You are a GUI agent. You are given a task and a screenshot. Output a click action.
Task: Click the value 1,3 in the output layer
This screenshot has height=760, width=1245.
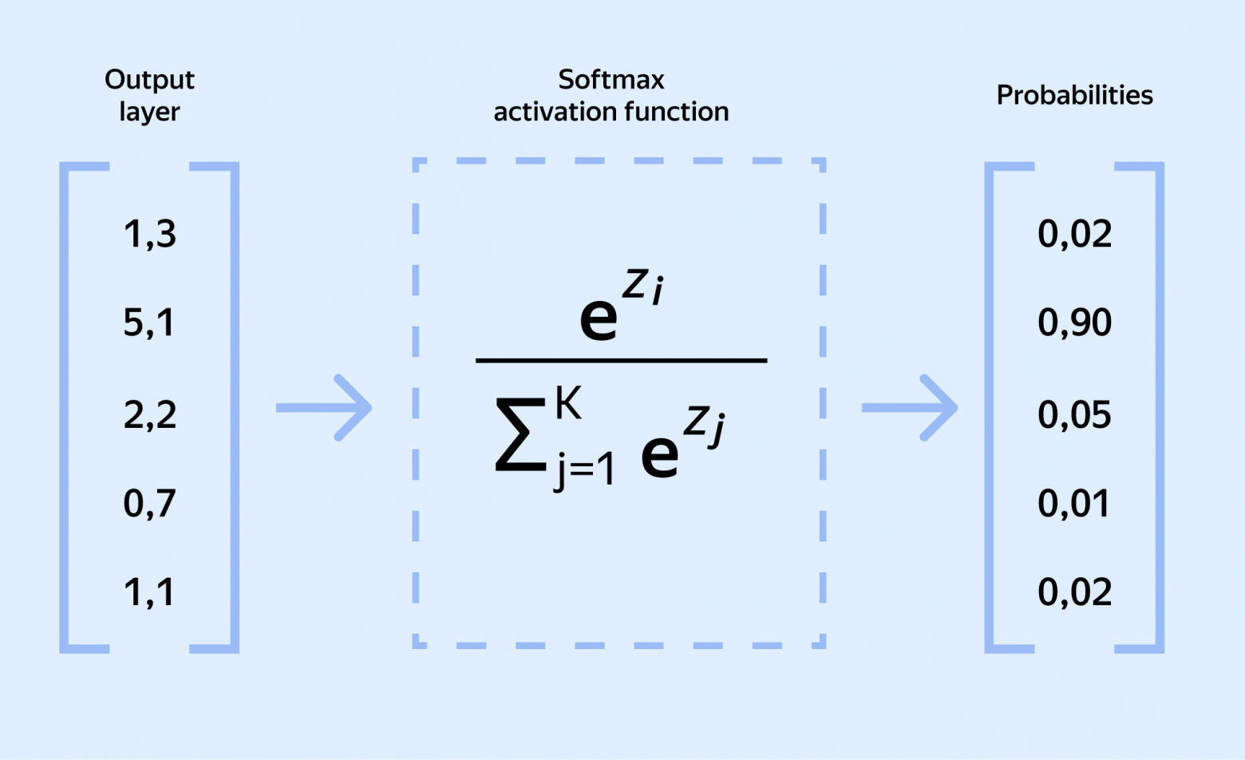pos(149,234)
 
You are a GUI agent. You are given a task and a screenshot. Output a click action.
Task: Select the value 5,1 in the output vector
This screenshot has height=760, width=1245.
pos(148,323)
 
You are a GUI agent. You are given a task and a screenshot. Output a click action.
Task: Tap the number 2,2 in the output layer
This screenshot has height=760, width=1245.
pos(149,415)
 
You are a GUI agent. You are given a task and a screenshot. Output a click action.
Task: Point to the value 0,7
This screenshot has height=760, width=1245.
pos(149,504)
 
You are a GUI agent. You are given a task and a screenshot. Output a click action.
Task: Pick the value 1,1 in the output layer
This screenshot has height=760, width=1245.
pos(148,592)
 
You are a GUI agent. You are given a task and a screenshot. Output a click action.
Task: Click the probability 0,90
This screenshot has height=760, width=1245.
pos(1074,323)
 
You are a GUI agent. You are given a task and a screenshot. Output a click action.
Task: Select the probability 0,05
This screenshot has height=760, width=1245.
pos(1074,415)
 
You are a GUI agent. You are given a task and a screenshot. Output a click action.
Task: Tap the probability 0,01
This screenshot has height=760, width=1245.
pos(1073,504)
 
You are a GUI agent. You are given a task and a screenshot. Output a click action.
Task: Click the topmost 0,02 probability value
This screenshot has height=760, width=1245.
pos(1074,234)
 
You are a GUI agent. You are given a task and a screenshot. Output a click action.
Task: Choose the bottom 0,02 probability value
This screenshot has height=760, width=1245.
pos(1074,592)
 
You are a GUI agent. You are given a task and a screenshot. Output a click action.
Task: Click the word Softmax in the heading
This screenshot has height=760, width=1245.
pos(611,80)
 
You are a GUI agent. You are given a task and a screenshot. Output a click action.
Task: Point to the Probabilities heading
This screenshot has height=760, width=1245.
pos(1074,95)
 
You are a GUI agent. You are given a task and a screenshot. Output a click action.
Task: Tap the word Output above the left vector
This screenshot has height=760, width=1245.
pos(149,80)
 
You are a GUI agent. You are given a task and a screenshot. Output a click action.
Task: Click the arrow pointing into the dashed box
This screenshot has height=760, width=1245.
pos(324,407)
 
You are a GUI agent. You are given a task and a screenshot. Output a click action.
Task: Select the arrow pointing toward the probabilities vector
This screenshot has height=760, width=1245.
pos(910,407)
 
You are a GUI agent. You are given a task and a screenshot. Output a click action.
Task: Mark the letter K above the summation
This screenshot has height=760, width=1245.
pos(568,403)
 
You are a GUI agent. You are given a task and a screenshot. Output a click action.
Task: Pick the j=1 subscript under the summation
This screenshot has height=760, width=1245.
pos(585,469)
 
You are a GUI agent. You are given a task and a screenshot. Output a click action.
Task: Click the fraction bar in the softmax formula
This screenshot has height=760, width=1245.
pos(621,361)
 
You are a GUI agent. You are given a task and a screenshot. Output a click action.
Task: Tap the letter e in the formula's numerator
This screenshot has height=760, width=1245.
pos(599,318)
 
